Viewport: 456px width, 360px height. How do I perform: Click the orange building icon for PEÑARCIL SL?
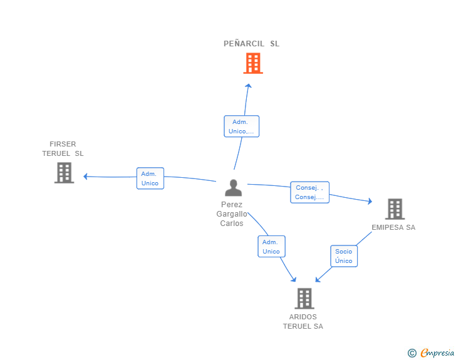253,63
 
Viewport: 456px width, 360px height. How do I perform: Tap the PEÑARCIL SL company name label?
251,44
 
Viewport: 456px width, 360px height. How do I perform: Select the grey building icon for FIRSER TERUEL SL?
65,173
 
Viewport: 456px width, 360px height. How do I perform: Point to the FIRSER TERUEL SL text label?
63,148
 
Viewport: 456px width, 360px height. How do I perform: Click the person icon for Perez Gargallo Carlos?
233,188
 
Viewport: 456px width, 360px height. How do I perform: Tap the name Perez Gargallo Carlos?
232,213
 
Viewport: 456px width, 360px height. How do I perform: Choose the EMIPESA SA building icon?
395,209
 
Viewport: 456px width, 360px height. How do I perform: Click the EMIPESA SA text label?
393,227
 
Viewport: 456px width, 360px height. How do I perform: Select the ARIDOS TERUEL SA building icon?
304,299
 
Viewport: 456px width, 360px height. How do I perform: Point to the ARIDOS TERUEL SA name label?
303,322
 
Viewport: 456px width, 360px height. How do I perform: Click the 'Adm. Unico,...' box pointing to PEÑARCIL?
241,126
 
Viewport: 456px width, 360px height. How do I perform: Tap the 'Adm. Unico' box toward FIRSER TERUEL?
150,178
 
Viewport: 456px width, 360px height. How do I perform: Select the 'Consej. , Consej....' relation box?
309,192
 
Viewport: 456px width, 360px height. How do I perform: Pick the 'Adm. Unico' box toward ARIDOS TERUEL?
271,246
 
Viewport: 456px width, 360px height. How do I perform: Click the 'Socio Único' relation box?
344,256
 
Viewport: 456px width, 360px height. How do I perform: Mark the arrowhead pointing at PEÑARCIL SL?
248,86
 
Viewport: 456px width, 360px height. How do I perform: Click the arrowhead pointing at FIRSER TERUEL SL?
85,176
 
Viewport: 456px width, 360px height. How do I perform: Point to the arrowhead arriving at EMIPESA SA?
370,201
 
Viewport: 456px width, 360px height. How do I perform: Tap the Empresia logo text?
437,353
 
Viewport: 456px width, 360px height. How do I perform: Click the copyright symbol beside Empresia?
412,353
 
